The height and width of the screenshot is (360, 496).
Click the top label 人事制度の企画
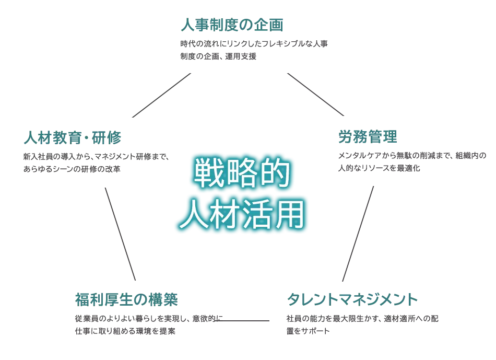(232, 25)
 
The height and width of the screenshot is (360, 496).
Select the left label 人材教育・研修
(72, 138)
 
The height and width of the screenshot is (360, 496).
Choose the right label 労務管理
(368, 137)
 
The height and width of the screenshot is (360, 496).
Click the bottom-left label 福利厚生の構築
(127, 300)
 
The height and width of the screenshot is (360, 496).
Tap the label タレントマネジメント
(353, 300)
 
